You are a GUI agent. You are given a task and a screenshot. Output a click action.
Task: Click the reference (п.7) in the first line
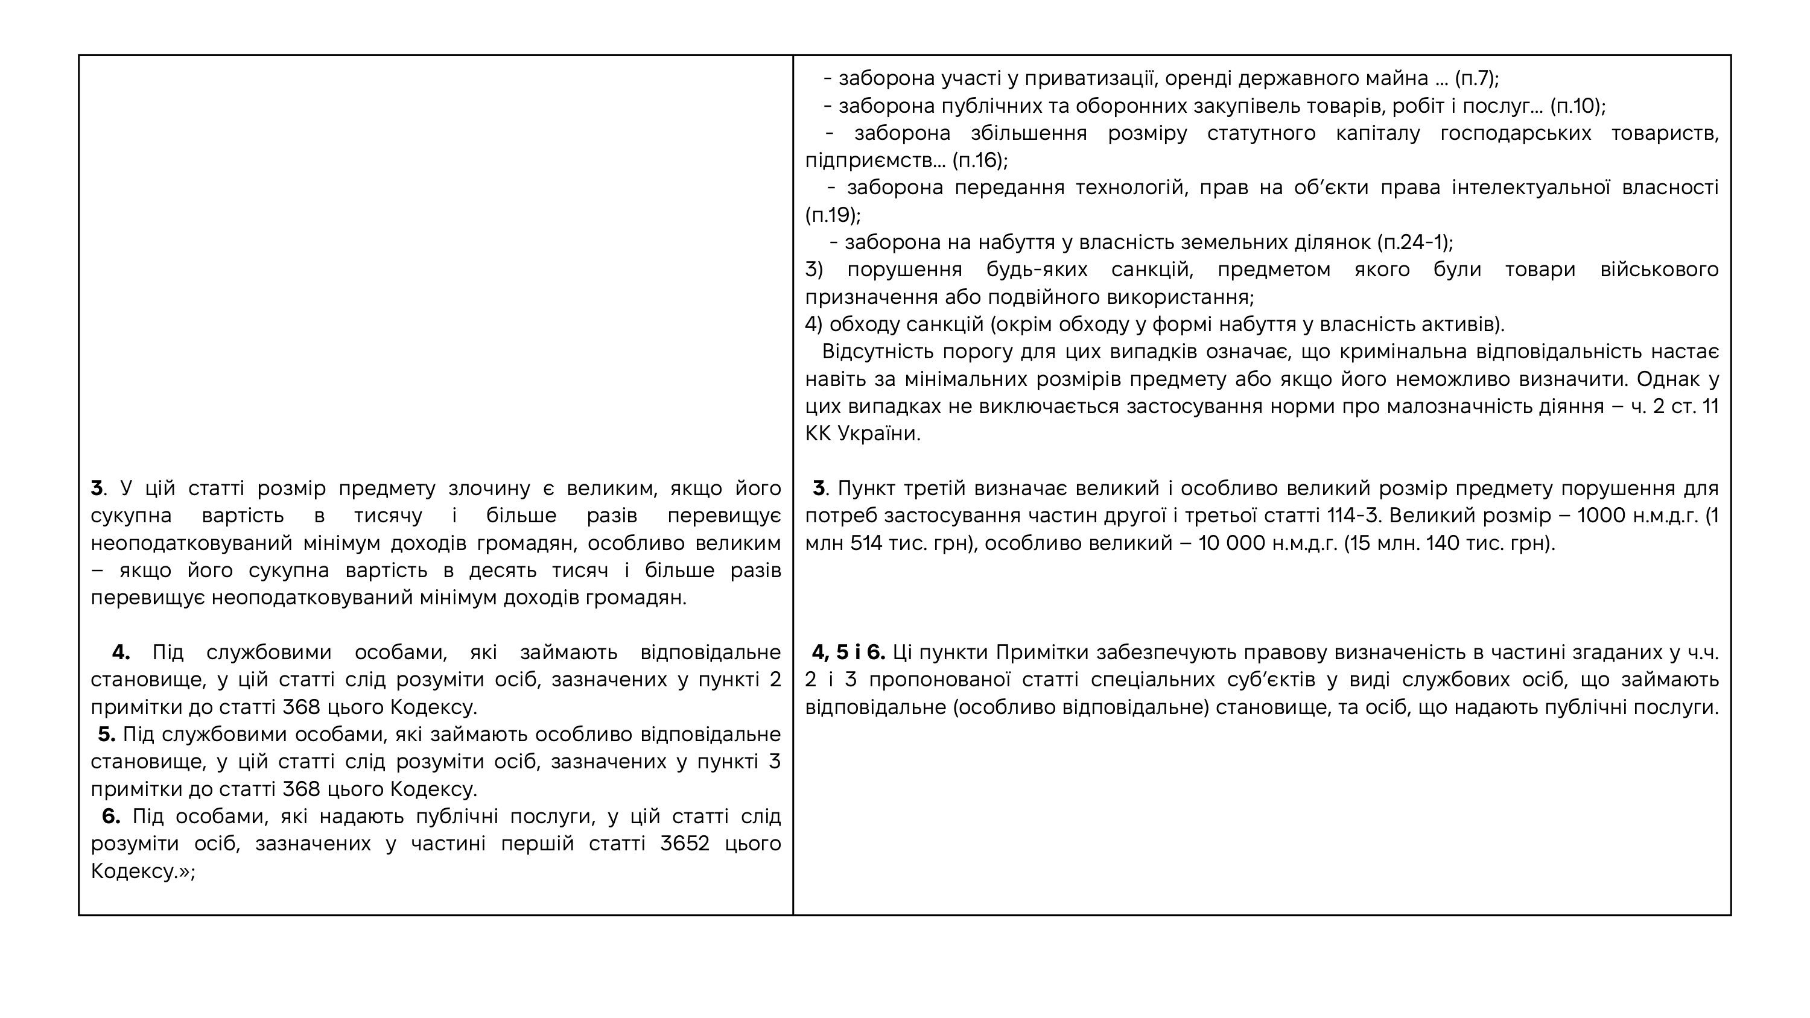[x=1476, y=78]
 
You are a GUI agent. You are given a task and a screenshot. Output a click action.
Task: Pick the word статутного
[x=1261, y=133]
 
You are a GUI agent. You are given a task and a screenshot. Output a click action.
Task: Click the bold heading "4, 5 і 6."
[x=848, y=653]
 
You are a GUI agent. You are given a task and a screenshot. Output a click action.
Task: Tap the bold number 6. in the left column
[x=111, y=817]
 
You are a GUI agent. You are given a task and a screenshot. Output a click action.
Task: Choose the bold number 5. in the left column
[x=107, y=734]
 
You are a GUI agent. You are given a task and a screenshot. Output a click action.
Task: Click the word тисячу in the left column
[x=388, y=516]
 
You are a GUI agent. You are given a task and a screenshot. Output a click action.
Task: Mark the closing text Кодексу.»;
[x=142, y=871]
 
